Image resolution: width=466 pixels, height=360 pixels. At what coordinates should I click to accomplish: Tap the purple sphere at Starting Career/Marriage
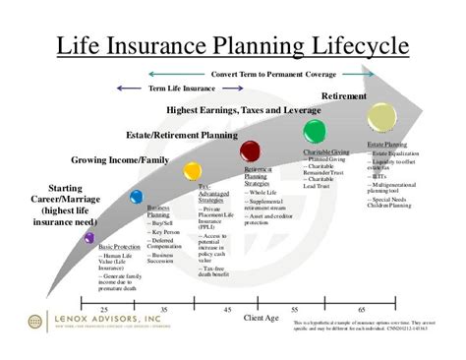point(90,237)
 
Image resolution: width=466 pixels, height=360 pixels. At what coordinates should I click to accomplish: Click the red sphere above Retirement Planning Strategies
point(251,150)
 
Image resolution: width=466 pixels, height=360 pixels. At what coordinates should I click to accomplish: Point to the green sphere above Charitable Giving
point(315,132)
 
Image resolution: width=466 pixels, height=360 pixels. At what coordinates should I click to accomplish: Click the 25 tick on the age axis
point(104,309)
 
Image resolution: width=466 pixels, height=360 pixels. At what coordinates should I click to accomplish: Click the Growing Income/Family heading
point(118,158)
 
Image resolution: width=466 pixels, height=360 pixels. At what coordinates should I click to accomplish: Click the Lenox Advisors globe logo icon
point(36,322)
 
